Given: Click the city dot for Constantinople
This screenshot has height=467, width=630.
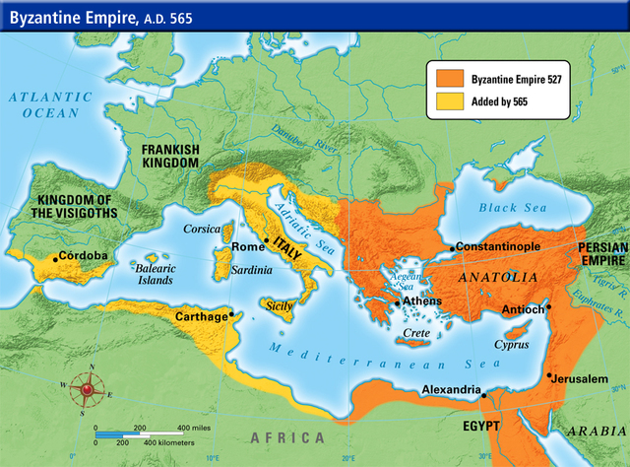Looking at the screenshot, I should [x=452, y=247].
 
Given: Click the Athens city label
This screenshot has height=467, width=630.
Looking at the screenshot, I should [x=422, y=302].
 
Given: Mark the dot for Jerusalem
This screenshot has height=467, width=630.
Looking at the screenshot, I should [x=546, y=374].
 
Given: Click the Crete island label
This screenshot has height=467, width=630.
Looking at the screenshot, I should [x=418, y=334].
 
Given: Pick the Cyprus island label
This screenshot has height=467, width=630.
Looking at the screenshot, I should [x=511, y=345].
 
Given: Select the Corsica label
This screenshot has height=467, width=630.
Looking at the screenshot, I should [x=203, y=229].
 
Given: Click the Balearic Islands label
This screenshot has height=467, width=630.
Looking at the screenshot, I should [x=155, y=274].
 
